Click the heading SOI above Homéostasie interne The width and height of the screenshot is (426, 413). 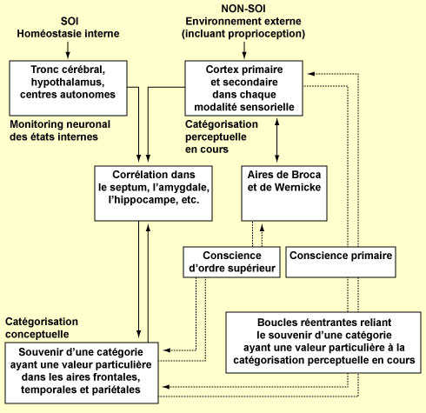point(70,21)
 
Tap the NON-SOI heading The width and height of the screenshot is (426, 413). point(243,9)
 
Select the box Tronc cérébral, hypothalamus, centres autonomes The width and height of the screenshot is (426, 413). point(68,88)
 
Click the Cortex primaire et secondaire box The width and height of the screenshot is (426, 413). point(244,88)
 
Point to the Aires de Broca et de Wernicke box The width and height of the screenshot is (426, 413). point(284,193)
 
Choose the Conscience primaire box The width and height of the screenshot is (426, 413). point(341,262)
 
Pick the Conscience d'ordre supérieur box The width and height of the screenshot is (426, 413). point(231,262)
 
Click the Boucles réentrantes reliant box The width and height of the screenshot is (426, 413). point(323,343)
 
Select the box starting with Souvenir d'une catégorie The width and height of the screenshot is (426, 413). point(82,373)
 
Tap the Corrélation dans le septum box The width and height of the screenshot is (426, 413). point(153,193)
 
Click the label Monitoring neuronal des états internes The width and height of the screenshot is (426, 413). point(60,130)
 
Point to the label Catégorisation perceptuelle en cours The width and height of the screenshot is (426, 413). point(222,137)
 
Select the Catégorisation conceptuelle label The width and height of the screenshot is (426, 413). point(42,328)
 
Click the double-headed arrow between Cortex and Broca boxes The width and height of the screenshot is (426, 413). point(277,141)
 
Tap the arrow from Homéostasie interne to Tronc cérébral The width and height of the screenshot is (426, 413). point(68,50)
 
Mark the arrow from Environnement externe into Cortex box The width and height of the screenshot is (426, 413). point(244,50)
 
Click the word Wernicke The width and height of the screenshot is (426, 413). point(298,187)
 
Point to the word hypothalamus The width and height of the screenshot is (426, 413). point(68,82)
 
